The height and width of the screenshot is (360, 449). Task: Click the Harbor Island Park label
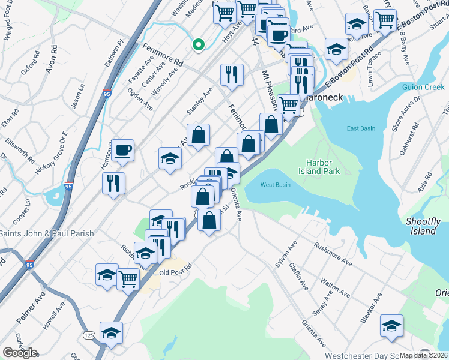coord(323,166)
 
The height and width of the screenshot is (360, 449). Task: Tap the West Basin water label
coord(276,185)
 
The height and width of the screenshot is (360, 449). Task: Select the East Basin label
coord(361,128)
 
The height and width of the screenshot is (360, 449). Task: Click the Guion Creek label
coord(423,87)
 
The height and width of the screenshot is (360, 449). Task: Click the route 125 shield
coord(89,335)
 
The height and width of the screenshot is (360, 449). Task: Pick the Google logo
coord(20,353)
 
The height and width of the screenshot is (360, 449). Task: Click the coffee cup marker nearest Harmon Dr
coord(122,149)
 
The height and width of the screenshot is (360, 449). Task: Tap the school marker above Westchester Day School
coord(391,325)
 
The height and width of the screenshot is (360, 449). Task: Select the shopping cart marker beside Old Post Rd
coord(128,278)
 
